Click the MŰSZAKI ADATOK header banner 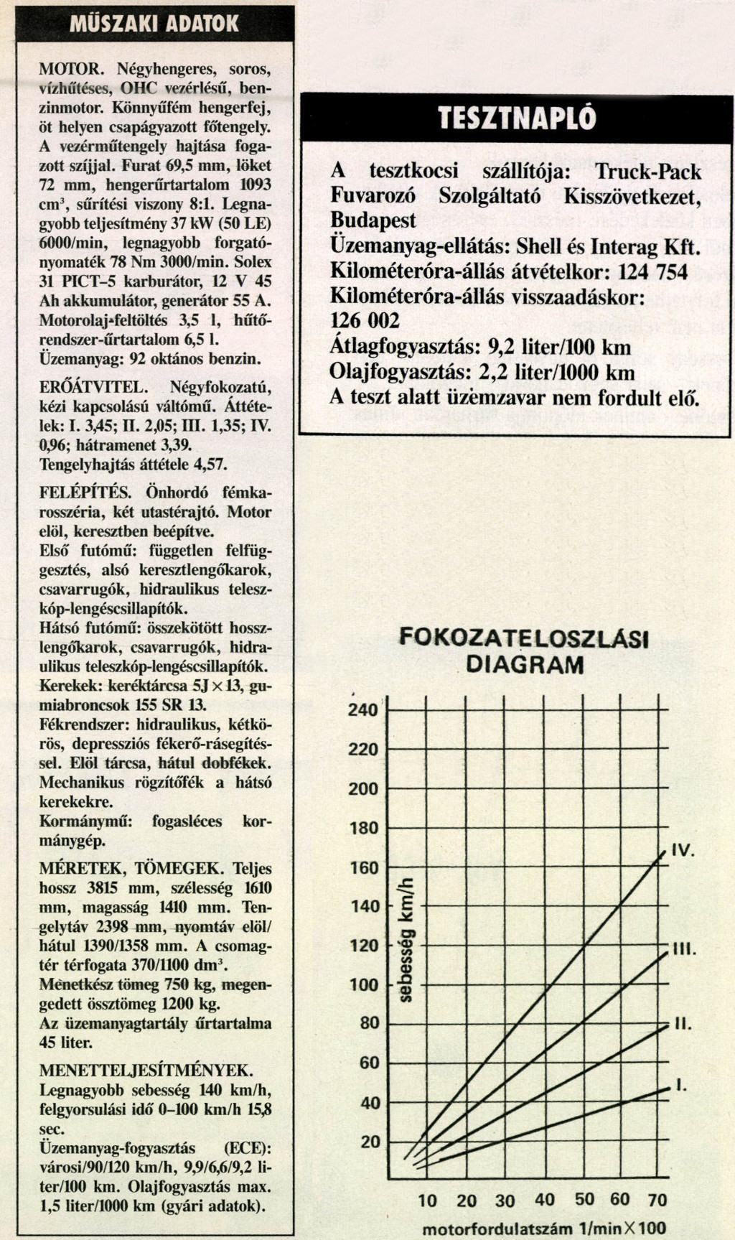(154, 24)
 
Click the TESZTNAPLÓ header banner (517, 118)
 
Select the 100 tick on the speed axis (364, 984)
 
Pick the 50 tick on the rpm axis (584, 1199)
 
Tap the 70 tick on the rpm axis (657, 1199)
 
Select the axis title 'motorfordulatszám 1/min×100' (544, 1228)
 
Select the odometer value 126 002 (365, 320)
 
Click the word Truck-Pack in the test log (648, 172)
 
